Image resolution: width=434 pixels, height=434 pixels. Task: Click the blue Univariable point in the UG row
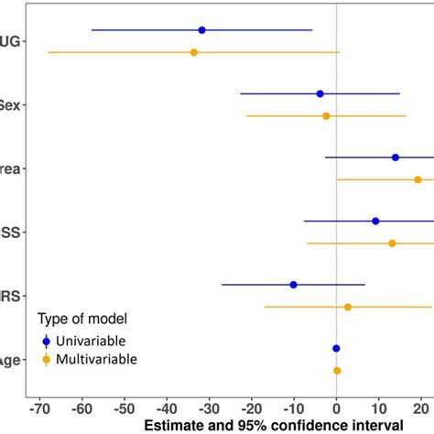pos(201,30)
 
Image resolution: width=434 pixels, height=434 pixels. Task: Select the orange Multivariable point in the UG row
pos(193,52)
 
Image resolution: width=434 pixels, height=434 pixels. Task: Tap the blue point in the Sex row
pos(320,93)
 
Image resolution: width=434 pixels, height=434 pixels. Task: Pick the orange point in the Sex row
pos(326,116)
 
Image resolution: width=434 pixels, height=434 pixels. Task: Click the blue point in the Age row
pos(336,348)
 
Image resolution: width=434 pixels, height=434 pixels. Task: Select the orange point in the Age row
pos(337,371)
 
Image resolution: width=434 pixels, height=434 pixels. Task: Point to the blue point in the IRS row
pos(293,285)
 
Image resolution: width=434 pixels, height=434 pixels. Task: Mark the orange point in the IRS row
pos(348,307)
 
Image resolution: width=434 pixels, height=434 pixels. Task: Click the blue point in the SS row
pos(375,221)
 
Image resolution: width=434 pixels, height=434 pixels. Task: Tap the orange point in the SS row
pos(392,244)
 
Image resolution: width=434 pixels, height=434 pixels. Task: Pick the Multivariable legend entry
pos(95,359)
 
